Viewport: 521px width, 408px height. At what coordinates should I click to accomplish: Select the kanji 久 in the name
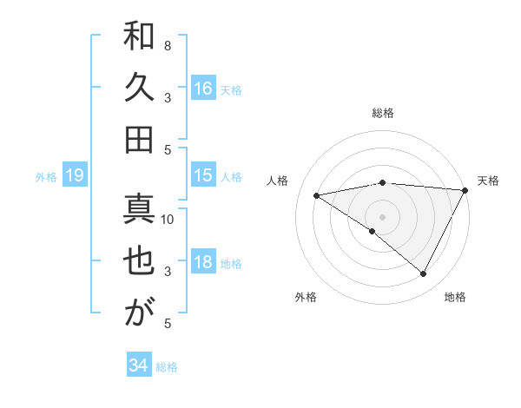[x=140, y=89]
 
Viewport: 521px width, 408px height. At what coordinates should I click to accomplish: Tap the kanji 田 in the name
[x=140, y=138]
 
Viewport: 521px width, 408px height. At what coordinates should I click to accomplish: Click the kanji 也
[x=140, y=262]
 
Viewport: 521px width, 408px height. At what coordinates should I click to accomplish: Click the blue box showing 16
[x=203, y=89]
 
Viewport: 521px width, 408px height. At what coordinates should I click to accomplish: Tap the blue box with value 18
[x=203, y=263]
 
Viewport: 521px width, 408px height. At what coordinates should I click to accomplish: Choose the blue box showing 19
[x=75, y=176]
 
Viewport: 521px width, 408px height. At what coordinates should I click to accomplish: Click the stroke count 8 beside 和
[x=167, y=45]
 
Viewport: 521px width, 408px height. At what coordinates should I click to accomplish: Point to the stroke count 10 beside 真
[x=168, y=219]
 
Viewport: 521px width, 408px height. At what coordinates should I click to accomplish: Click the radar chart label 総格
[x=383, y=113]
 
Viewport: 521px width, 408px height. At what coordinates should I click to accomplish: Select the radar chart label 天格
[x=488, y=181]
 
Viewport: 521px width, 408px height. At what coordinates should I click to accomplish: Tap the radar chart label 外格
[x=306, y=297]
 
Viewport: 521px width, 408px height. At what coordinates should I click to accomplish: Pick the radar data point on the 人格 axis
[x=317, y=195]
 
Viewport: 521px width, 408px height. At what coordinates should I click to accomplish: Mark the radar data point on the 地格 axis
[x=424, y=273]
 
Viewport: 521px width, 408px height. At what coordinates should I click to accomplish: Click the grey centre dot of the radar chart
[x=382, y=216]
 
